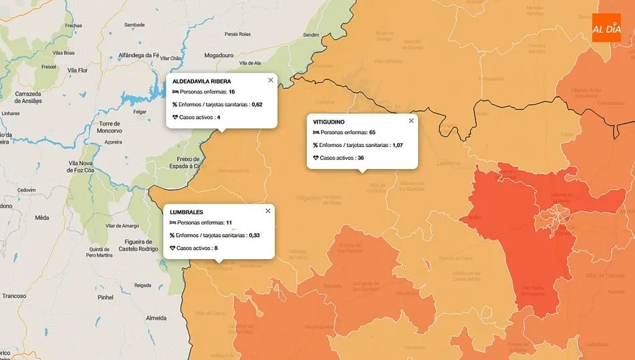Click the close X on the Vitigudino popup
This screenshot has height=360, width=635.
(x=411, y=121)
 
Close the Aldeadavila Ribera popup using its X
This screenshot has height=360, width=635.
(x=271, y=80)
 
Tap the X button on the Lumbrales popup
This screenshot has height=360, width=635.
(x=268, y=211)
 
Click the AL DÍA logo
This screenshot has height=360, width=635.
(x=606, y=28)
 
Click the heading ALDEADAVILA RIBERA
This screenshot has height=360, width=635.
(x=202, y=81)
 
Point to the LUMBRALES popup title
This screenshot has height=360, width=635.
(x=186, y=212)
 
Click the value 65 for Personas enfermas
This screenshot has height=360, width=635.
(x=372, y=133)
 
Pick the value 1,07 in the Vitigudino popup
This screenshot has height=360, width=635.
(x=397, y=145)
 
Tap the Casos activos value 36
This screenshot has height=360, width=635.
(x=360, y=158)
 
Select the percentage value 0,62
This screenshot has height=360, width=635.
(x=257, y=104)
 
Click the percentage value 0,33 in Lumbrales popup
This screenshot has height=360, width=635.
(x=254, y=235)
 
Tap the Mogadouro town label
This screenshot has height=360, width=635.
(x=220, y=55)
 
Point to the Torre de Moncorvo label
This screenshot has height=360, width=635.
(x=108, y=128)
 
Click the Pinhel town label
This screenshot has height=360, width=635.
(x=106, y=297)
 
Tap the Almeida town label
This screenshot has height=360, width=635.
(x=156, y=318)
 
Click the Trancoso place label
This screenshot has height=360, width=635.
(x=14, y=296)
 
